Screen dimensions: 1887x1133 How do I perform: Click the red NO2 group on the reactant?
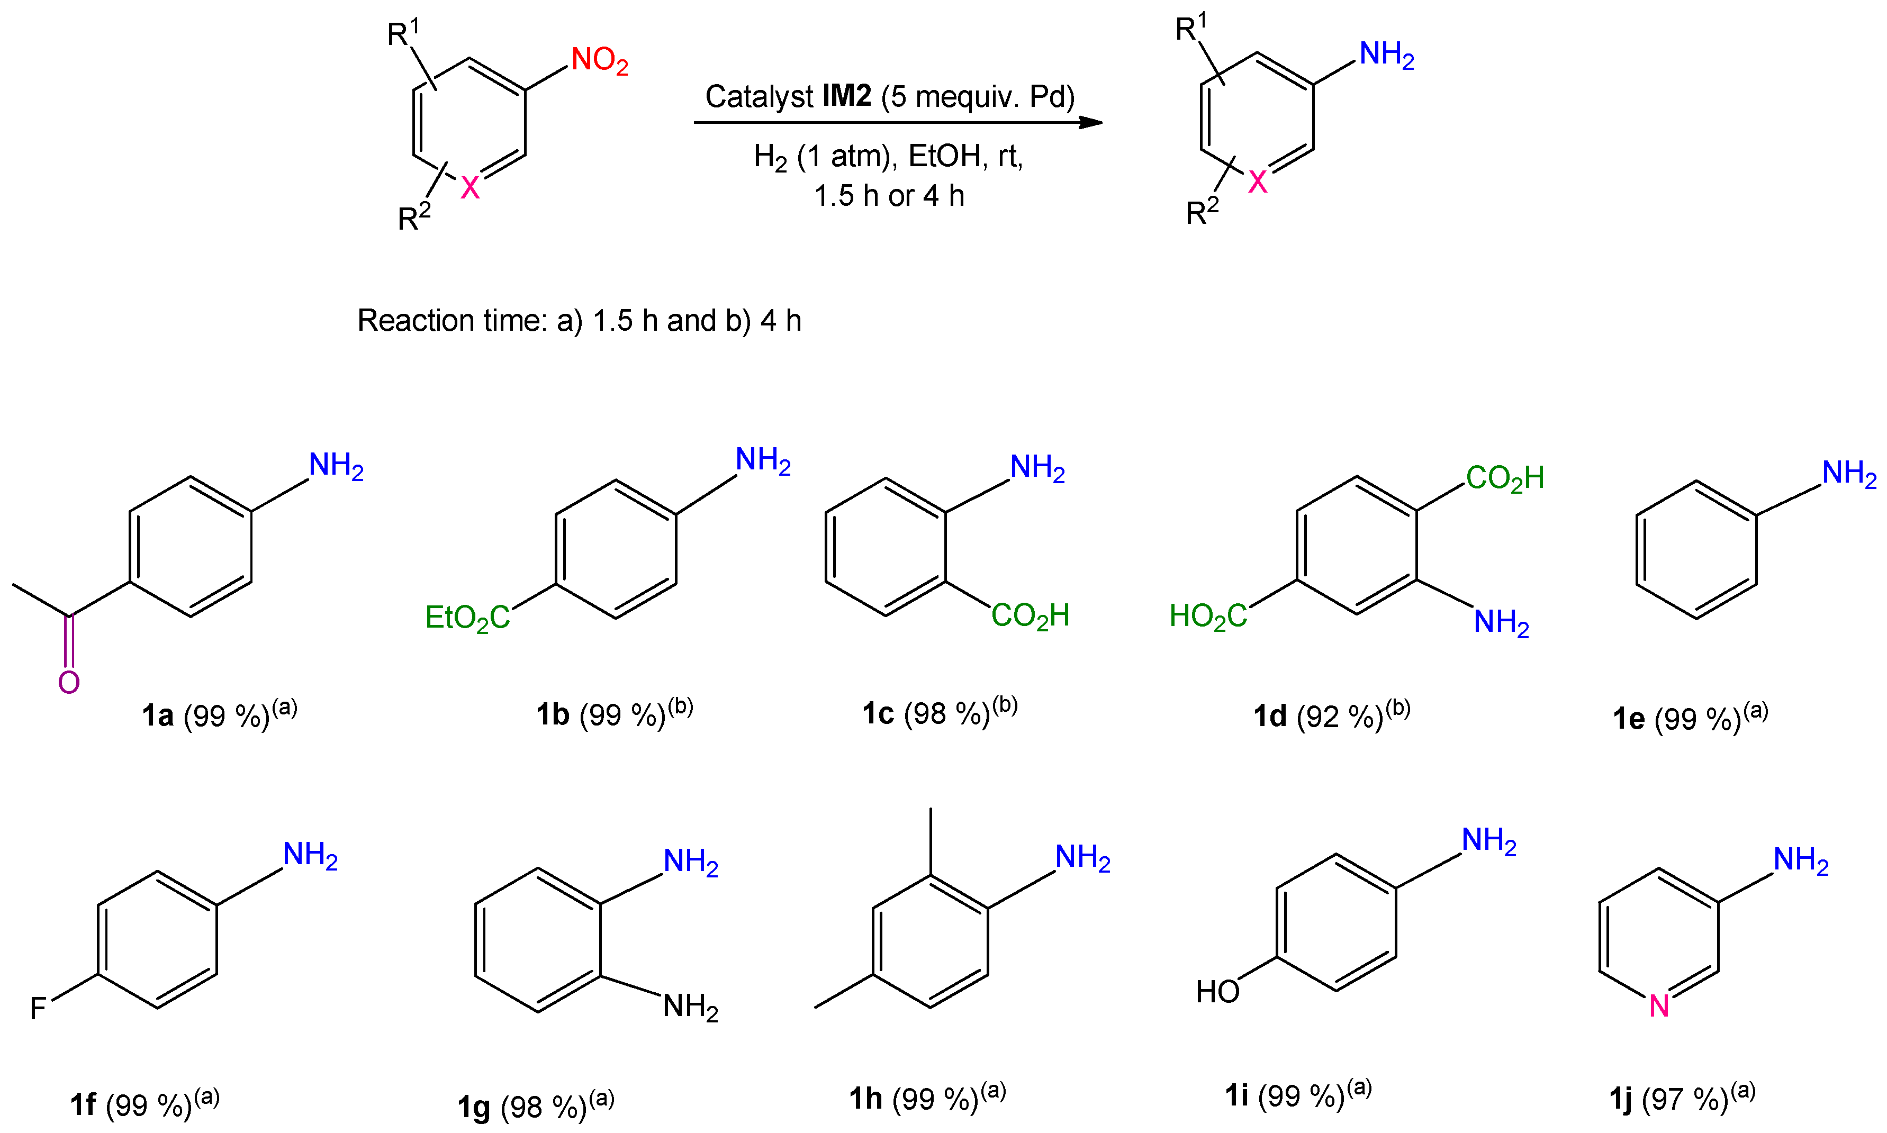coord(600,60)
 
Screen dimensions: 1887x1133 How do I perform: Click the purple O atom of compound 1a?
coord(69,682)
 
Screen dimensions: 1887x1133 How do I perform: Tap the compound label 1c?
coord(878,714)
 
